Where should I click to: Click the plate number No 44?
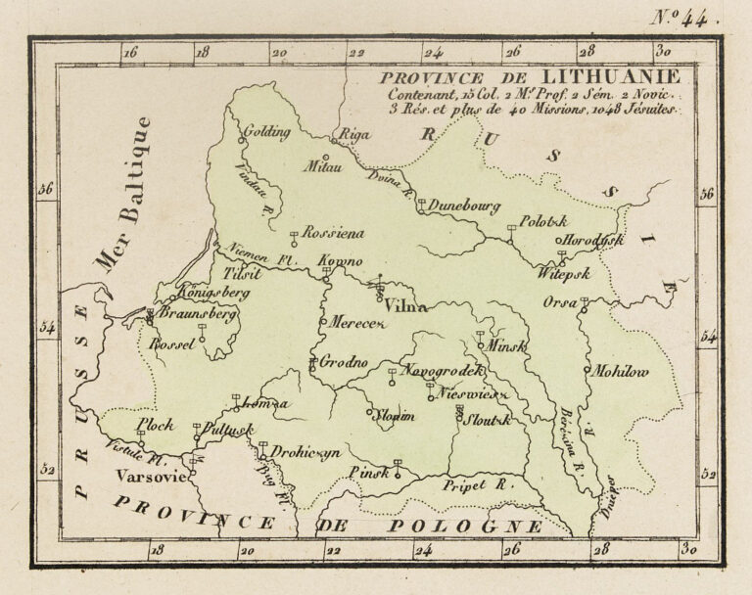point(686,16)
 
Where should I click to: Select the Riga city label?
point(352,135)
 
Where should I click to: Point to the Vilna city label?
point(406,306)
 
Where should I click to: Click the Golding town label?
point(263,130)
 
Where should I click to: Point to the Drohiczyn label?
point(305,453)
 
